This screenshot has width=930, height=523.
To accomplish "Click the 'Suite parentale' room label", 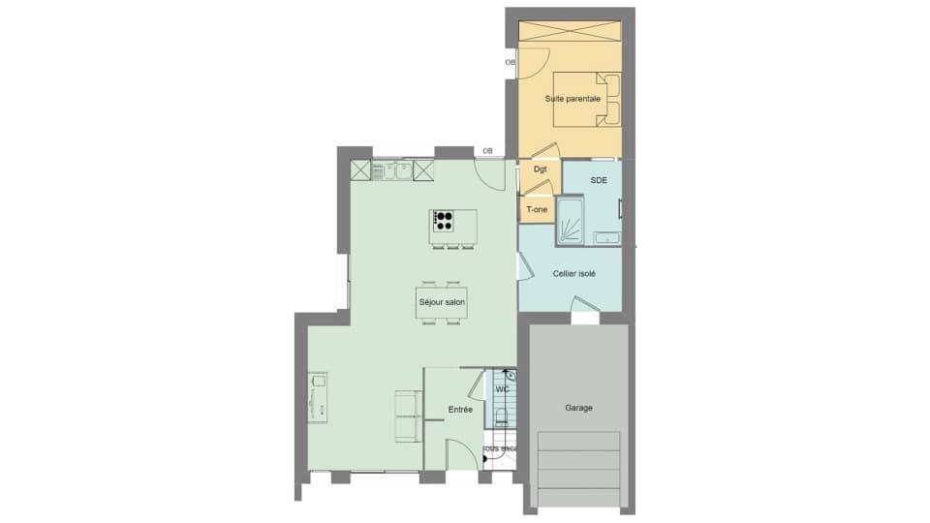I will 572,99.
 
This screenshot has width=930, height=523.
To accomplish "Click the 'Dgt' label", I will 540,169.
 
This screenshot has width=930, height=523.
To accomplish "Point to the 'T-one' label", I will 537,209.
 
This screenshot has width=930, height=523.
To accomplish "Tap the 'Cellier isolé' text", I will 574,273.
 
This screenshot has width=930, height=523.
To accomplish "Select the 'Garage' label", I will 578,408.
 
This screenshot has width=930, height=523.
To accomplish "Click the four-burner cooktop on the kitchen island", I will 444,221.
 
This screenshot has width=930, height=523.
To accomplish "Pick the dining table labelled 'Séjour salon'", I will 442,303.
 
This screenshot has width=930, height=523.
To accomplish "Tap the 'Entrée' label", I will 460,410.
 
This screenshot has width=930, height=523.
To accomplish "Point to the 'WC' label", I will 502,389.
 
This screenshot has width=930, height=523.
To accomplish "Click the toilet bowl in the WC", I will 501,416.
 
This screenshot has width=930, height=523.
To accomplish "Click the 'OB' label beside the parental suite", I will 511,63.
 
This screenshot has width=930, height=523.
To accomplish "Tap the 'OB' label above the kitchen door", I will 487,151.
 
